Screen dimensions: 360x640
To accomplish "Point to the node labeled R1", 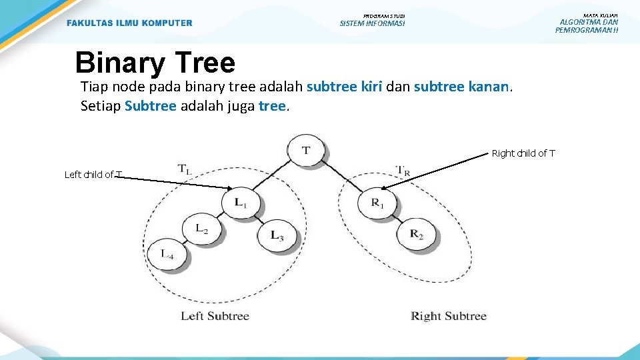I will pyautogui.click(x=377, y=203).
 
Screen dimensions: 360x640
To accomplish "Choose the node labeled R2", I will pyautogui.click(x=416, y=233).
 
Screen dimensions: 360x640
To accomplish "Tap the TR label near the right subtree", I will pyautogui.click(x=403, y=171).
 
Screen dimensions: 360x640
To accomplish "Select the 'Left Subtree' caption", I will pyautogui.click(x=215, y=316).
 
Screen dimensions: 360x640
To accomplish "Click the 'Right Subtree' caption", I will pyautogui.click(x=449, y=316).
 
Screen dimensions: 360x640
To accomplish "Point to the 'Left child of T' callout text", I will pyautogui.click(x=93, y=175).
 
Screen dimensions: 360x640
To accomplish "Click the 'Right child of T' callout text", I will pyautogui.click(x=523, y=153).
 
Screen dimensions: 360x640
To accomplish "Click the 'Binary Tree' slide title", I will pyautogui.click(x=155, y=63).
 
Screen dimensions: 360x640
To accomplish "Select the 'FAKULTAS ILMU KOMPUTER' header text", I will pyautogui.click(x=129, y=23).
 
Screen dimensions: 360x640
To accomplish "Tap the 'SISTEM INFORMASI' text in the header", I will pyautogui.click(x=372, y=24).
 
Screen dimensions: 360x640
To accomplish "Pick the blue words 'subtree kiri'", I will pyautogui.click(x=344, y=87).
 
